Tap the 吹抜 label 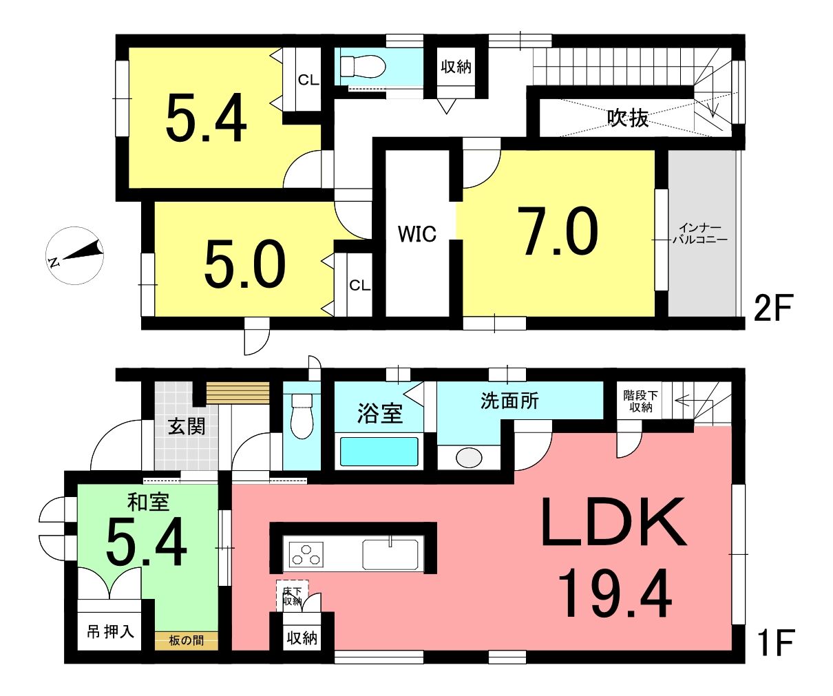pos(628,118)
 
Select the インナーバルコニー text pos(700,234)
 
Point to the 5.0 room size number pos(244,264)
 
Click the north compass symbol pos(74,255)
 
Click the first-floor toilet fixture pos(302,416)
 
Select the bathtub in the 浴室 pos(379,451)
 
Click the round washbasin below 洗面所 pos(469,458)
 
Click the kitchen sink pos(390,554)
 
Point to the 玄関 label pos(187,427)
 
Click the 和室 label pos(148,502)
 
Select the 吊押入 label pos(111,632)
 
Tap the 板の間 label pos(187,640)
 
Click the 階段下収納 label pos(641,401)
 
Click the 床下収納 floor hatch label pos(292,596)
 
